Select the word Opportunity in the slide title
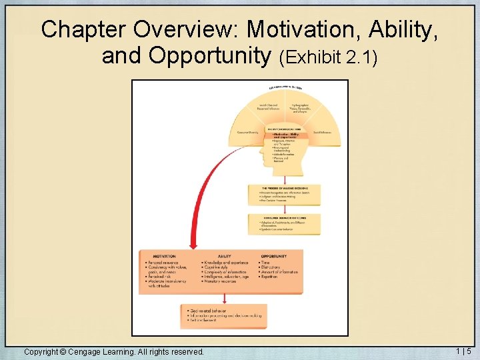coord(207,56)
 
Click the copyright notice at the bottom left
coord(113,351)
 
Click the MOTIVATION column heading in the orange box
coord(164,256)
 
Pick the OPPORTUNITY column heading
coord(273,256)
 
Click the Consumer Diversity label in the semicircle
coord(247,132)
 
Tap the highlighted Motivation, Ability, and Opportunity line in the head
coord(286,135)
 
